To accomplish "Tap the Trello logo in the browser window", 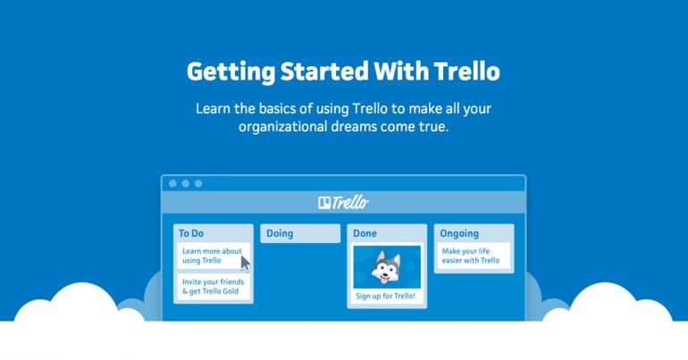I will click(343, 203).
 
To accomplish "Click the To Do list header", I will click(192, 233).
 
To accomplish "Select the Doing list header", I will click(280, 233).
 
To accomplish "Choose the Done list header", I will click(365, 233).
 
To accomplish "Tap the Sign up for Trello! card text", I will click(386, 296).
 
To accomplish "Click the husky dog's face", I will click(386, 264).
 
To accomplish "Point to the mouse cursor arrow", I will click(245, 263).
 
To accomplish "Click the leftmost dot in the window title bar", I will click(172, 183).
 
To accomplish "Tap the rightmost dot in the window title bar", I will click(197, 183).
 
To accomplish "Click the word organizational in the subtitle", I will click(281, 128).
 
